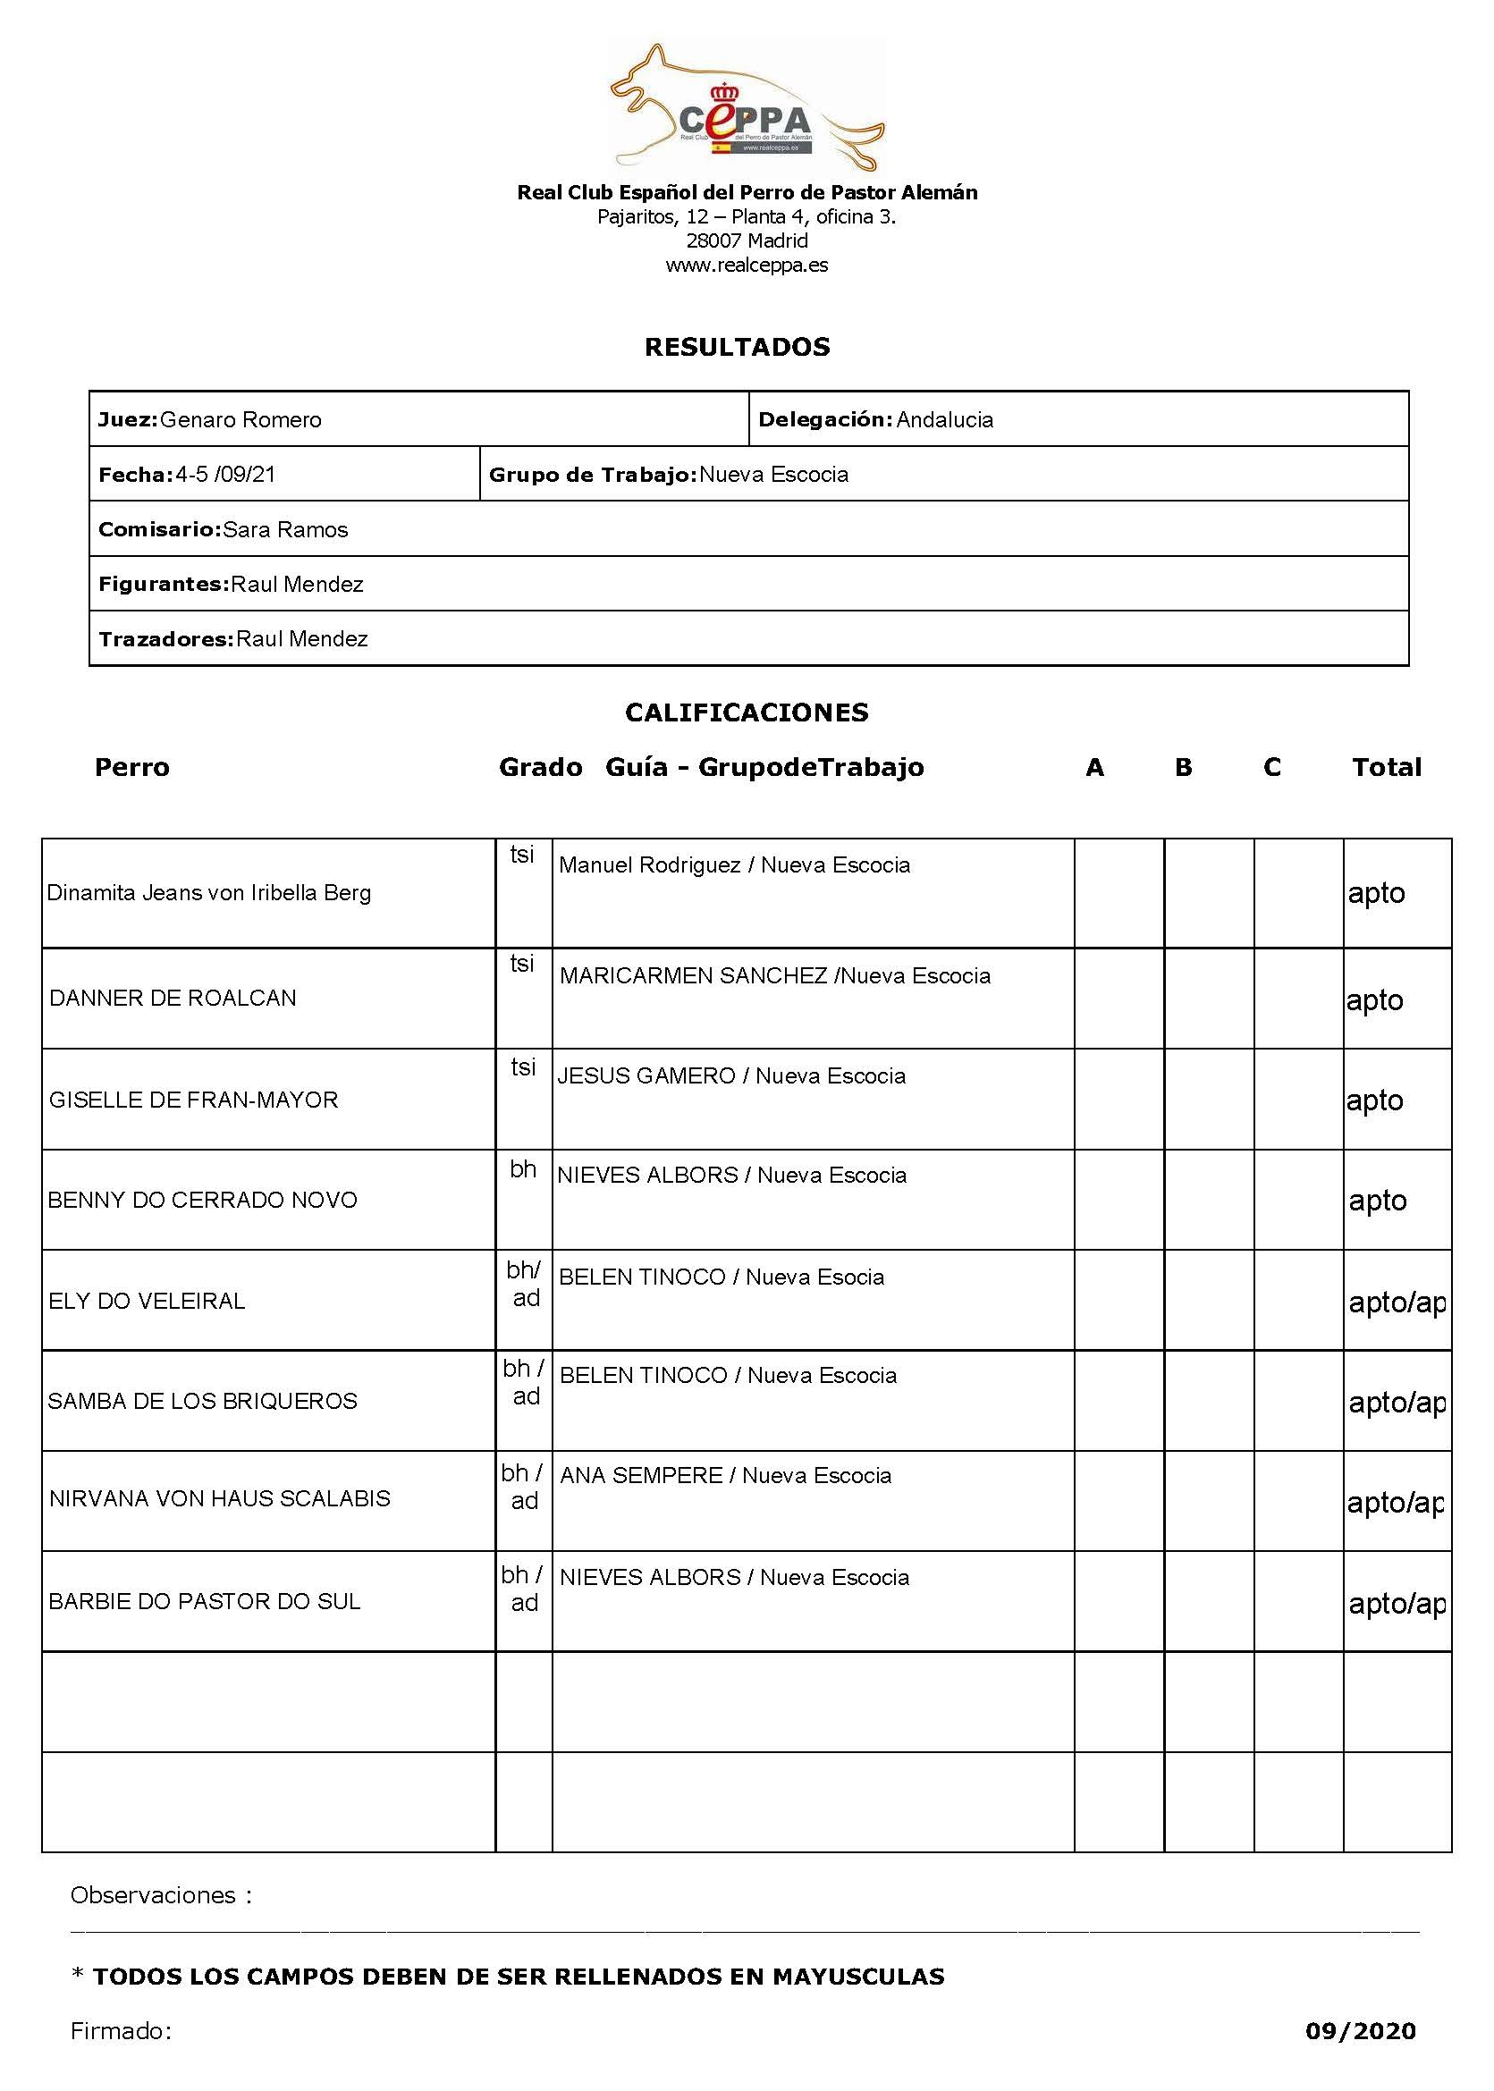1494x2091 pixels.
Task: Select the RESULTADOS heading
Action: pos(737,347)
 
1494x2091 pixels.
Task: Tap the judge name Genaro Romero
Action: pos(241,420)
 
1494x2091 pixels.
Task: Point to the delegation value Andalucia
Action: pos(945,420)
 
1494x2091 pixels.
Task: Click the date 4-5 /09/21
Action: pos(225,475)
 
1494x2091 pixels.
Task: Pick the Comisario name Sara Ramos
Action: pos(285,530)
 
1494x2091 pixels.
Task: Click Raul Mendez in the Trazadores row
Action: pos(301,639)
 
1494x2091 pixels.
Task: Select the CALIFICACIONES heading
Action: pos(746,712)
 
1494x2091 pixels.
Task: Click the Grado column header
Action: pos(540,767)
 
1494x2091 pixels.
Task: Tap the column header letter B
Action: pos(1183,767)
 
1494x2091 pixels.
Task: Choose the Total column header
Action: pos(1387,767)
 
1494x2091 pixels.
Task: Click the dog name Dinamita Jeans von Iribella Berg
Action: pos(209,892)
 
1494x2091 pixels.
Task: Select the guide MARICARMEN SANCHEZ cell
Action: pos(774,976)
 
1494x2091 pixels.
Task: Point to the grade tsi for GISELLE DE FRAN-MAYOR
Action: pos(523,1067)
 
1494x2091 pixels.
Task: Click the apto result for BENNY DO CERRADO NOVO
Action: pos(1377,1201)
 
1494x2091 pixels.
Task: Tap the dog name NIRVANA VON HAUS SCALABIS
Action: pos(220,1498)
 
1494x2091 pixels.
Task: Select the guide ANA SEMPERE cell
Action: pos(725,1476)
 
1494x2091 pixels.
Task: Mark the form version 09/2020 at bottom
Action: pos(1360,2031)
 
